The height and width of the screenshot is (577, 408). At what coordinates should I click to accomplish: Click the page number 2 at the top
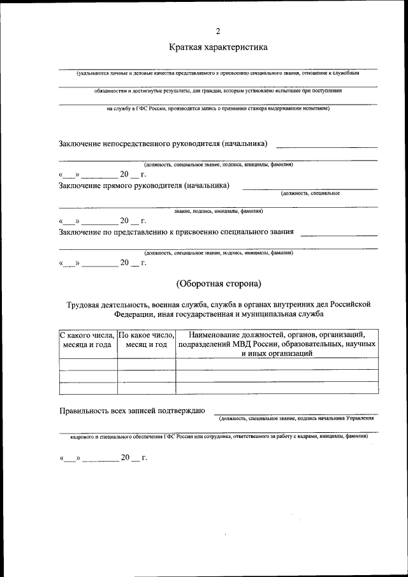pos(218,31)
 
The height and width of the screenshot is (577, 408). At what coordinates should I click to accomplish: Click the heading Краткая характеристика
pos(218,47)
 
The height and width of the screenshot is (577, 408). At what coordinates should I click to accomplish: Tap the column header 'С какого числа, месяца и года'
pos(87,339)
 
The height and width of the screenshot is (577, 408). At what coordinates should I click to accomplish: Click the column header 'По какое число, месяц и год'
pos(147,339)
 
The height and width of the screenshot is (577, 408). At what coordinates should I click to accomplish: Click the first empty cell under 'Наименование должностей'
pos(277,364)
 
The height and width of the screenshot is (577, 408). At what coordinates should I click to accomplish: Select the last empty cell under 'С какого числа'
pos(87,388)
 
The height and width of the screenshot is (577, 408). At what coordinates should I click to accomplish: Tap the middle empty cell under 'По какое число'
pos(147,376)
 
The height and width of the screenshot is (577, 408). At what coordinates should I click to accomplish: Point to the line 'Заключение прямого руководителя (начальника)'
pos(144,186)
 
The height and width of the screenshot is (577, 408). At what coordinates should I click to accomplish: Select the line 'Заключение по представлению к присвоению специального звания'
pos(176,231)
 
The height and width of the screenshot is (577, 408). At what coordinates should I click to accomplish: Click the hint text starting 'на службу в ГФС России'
pos(218,108)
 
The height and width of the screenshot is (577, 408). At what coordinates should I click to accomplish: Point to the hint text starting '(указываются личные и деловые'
pos(218,73)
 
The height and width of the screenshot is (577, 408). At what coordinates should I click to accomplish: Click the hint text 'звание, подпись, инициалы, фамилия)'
pos(218,210)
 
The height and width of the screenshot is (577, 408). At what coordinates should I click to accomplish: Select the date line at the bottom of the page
pos(103,458)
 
